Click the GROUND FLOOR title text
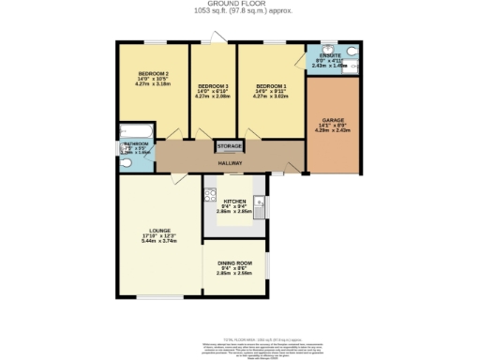click(239, 5)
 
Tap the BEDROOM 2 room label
click(154, 74)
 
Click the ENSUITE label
click(331, 55)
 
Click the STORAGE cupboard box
click(230, 146)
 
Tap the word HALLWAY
click(230, 162)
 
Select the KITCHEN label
click(234, 201)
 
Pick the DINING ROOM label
click(234, 263)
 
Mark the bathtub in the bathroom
click(130, 131)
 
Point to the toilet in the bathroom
click(126, 161)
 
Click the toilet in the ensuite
click(352, 52)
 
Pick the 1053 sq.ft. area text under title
click(239, 12)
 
